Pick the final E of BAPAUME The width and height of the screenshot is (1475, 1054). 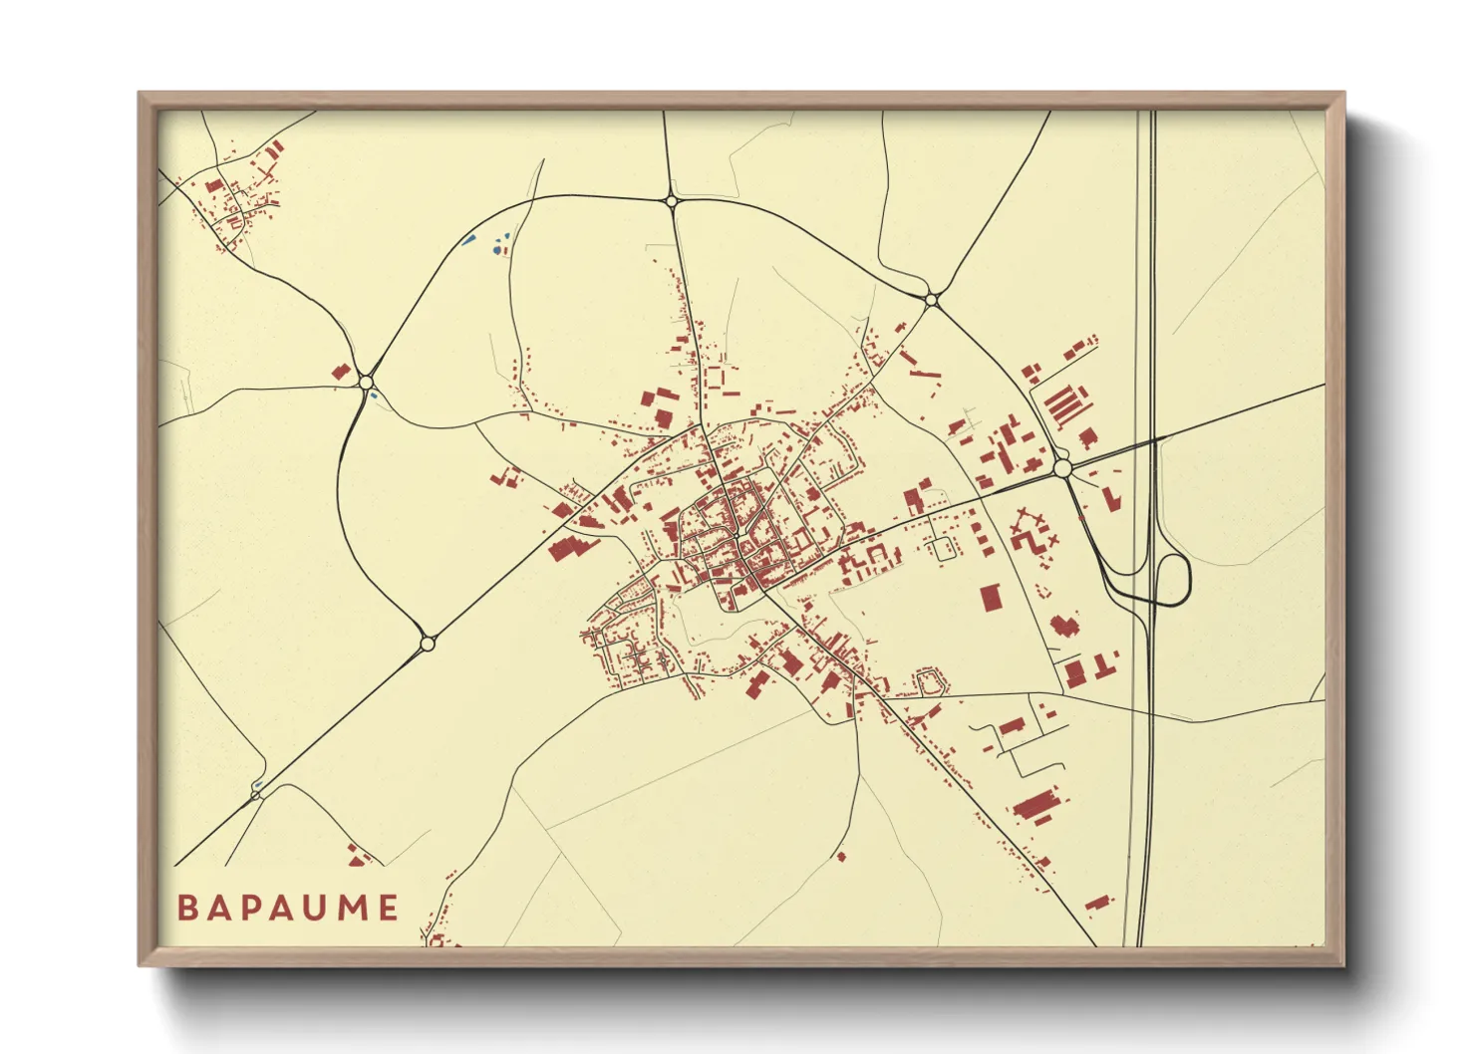[388, 908]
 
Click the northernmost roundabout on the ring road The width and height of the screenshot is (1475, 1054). [672, 201]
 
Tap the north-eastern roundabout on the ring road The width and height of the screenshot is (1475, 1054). [931, 298]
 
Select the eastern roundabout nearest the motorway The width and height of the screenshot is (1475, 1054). [1062, 467]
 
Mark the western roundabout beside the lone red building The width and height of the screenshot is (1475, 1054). [367, 382]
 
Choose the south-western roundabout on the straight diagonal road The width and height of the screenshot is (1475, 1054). [428, 644]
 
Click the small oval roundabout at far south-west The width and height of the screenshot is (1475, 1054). [256, 793]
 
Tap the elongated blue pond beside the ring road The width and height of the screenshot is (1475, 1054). [467, 239]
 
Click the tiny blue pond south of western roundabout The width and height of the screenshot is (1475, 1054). [374, 396]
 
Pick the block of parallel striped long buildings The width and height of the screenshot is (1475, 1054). [1063, 404]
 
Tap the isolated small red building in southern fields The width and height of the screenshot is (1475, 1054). [841, 856]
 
